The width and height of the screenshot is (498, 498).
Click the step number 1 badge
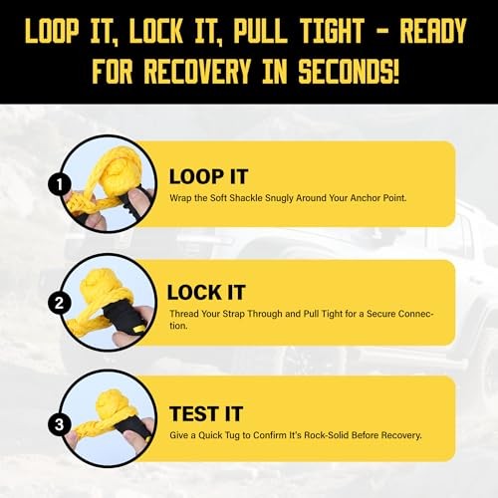point(59,184)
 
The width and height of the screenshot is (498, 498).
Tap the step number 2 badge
point(59,303)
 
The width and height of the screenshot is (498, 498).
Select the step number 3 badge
point(59,424)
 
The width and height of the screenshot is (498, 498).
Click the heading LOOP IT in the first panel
point(208,176)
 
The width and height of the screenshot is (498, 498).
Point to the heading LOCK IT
point(206,293)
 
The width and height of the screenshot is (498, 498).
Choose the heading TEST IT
point(206,414)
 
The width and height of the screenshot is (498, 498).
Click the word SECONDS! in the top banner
point(349,71)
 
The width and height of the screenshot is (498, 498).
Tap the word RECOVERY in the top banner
point(197,71)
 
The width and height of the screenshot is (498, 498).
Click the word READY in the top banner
point(433,31)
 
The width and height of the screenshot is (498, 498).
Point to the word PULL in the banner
point(260,31)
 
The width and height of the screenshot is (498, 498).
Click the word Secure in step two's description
point(380,314)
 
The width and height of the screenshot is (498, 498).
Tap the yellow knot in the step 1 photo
point(113,167)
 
